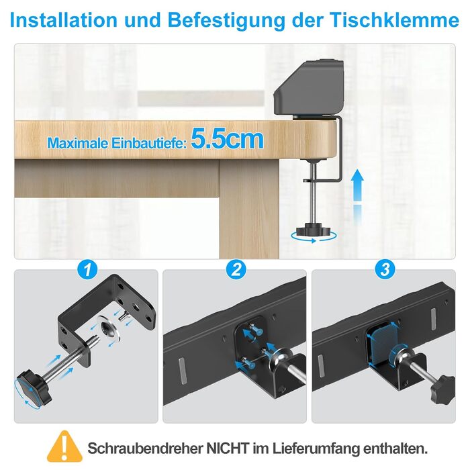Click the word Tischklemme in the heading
(395, 20)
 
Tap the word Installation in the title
(64, 20)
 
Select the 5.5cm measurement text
(228, 138)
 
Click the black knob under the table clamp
(314, 230)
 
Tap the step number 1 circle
(87, 269)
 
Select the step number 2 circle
(236, 269)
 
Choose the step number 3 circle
(385, 269)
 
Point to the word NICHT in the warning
(228, 449)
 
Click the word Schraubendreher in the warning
(145, 449)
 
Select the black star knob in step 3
(442, 389)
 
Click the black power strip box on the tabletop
(308, 88)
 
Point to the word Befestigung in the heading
(226, 21)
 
